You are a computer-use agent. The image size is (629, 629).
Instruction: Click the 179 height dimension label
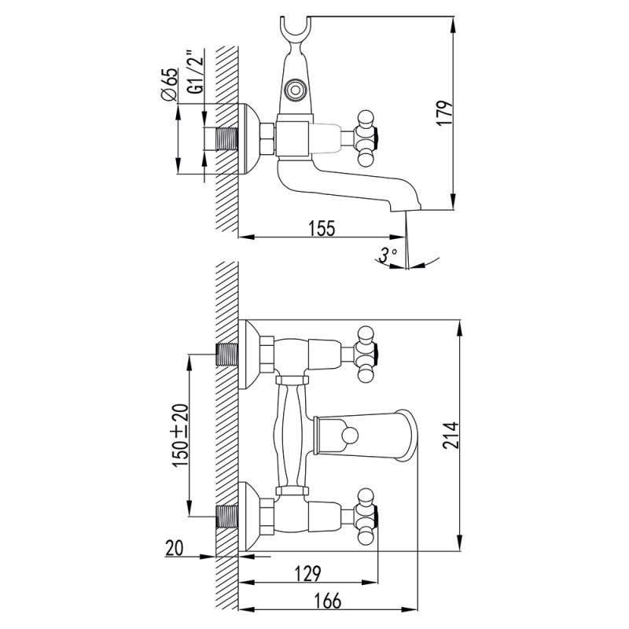tap(445, 113)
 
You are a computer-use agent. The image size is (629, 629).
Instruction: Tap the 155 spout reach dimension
tap(322, 228)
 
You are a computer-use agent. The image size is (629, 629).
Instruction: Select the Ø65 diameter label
tap(169, 84)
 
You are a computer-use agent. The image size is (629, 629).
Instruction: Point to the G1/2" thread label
tap(196, 72)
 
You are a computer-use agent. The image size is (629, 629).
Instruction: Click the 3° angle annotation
tap(388, 255)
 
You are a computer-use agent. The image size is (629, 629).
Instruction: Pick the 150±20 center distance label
tap(180, 436)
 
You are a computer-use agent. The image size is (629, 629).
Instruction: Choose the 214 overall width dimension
tap(451, 436)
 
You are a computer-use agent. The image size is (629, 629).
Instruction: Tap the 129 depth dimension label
tap(307, 574)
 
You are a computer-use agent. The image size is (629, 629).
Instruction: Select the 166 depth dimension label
tap(328, 601)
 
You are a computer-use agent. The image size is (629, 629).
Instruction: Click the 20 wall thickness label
tap(174, 548)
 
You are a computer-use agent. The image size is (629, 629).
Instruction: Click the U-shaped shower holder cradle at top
tap(295, 28)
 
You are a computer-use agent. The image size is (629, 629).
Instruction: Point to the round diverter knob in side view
tap(296, 90)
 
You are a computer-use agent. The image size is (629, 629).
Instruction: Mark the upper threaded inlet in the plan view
tap(227, 355)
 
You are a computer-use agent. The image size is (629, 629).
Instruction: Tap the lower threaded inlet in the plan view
tap(227, 517)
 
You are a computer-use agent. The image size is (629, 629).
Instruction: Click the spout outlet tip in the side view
tap(406, 208)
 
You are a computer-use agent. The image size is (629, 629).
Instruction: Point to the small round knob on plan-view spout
tap(348, 436)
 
